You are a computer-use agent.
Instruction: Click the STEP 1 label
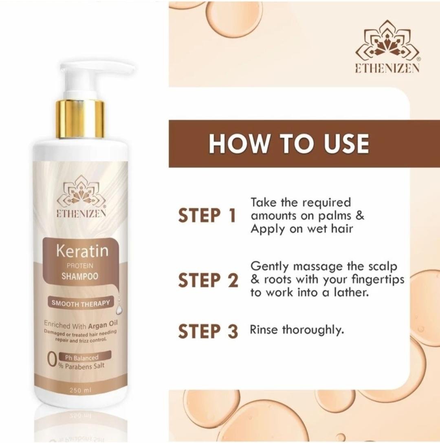click(x=207, y=215)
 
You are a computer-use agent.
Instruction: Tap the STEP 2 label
click(x=208, y=280)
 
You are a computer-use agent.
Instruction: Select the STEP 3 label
click(x=208, y=331)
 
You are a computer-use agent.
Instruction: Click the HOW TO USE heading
click(x=289, y=143)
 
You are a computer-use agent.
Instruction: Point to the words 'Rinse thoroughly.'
click(x=297, y=330)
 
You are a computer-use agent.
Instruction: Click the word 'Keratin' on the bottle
click(x=82, y=251)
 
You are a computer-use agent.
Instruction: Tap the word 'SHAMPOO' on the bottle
click(x=80, y=276)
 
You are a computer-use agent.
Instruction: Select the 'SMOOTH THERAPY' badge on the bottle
click(x=81, y=303)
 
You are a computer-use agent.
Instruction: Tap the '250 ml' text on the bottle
click(x=80, y=391)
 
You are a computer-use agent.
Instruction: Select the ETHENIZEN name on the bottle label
click(x=81, y=213)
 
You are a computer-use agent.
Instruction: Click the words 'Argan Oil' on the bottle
click(x=103, y=324)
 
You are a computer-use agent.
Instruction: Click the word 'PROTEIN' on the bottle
click(x=80, y=266)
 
